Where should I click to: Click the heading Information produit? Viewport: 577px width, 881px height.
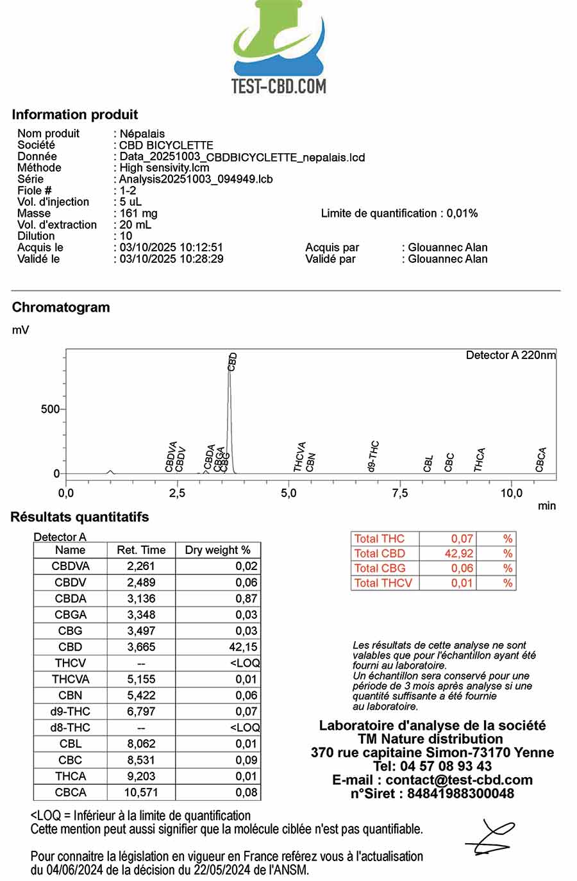pos(75,115)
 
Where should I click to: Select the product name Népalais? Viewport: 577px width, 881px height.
pos(142,133)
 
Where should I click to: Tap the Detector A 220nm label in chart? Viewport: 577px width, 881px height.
pos(510,355)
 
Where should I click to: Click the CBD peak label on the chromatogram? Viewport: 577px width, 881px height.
pos(233,362)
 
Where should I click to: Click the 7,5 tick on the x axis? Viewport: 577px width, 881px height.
pos(399,493)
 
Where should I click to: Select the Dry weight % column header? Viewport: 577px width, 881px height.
pos(217,550)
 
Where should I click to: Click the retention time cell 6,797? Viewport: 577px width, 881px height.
pos(141,712)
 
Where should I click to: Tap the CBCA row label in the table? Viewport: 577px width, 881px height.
pos(71,793)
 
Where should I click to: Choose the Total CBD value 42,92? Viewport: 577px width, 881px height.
pos(458,553)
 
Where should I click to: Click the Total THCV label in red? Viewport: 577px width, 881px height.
pos(383,583)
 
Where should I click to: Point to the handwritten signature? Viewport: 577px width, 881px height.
pos(490,837)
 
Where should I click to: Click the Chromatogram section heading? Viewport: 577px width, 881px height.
pos(61,307)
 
